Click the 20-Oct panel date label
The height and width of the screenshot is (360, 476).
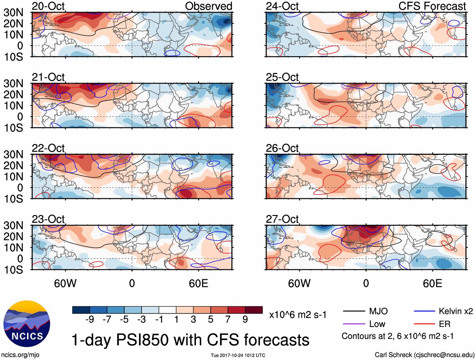(48, 6)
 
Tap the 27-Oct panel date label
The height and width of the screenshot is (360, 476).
(282, 219)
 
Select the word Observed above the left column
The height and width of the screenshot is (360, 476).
(208, 6)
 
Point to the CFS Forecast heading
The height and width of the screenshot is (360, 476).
(432, 6)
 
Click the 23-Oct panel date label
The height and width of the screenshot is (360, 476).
(48, 219)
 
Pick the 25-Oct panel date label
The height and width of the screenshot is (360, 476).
(282, 77)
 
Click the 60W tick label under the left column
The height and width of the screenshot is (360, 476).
(65, 283)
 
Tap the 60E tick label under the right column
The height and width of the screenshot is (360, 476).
(432, 283)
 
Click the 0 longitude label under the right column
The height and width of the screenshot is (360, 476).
(366, 283)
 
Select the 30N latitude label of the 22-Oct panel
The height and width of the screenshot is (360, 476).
(13, 154)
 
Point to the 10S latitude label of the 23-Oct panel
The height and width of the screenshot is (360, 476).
(13, 270)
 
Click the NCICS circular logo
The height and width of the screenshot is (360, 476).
(27, 324)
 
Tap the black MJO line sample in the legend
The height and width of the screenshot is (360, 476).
(354, 311)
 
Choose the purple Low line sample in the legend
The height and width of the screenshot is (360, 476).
(354, 324)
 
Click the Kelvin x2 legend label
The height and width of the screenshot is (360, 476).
(456, 311)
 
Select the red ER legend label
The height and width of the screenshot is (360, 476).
(444, 324)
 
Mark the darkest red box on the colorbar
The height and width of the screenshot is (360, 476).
(254, 310)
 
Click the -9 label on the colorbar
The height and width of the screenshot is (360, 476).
(90, 320)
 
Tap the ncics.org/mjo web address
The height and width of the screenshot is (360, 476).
(20, 355)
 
